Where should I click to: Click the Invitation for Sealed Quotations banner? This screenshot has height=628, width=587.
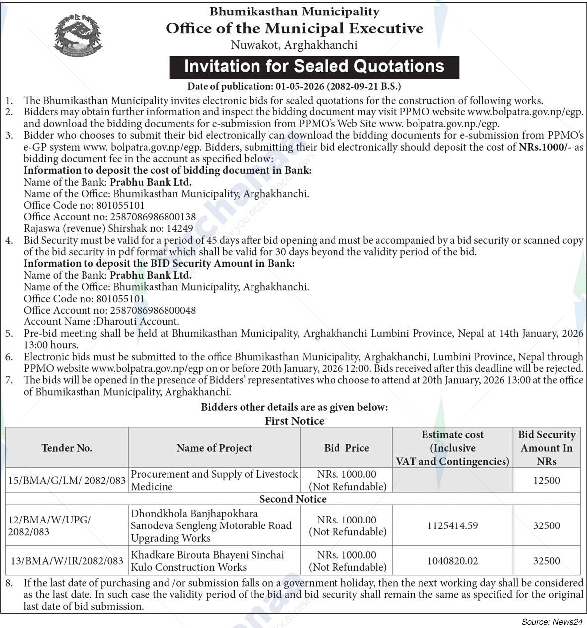(x=314, y=67)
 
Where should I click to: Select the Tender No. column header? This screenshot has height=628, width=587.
(x=67, y=448)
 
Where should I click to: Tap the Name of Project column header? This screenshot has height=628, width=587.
(x=214, y=448)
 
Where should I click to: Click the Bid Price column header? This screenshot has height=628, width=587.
(x=346, y=448)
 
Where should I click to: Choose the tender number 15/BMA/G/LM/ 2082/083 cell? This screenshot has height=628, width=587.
(x=67, y=481)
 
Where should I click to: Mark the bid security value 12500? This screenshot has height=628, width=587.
(x=546, y=481)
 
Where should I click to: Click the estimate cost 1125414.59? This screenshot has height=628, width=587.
(x=452, y=526)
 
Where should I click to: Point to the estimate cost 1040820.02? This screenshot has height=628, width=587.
(x=452, y=561)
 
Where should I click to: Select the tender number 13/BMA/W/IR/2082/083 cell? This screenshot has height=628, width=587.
(x=67, y=561)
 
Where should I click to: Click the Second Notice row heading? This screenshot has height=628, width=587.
(x=293, y=499)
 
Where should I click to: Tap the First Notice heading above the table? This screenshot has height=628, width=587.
(x=294, y=421)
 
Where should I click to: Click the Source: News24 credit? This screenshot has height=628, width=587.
(x=552, y=622)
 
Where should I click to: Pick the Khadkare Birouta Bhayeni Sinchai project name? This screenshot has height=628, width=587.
(x=208, y=555)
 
